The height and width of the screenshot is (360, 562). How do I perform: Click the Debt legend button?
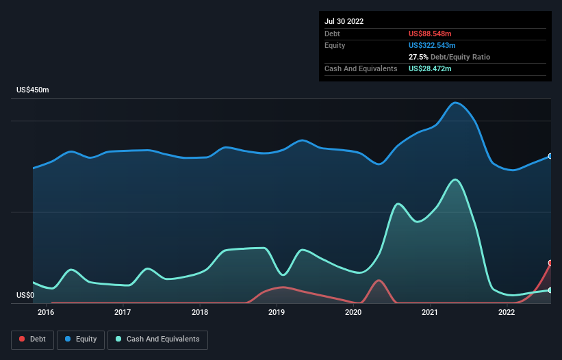[31, 339]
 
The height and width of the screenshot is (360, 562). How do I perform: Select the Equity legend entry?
[80, 339]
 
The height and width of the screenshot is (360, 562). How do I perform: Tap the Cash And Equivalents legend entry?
[157, 339]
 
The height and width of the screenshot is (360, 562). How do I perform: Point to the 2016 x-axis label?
[46, 313]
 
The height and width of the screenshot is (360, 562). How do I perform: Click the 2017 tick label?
[123, 313]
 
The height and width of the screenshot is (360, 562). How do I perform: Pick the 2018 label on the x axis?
[200, 313]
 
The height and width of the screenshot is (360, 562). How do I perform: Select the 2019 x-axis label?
[277, 313]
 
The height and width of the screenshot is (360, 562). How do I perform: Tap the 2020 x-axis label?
[353, 313]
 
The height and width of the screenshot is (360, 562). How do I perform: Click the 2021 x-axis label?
[430, 313]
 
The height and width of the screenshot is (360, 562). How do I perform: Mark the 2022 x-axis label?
[507, 313]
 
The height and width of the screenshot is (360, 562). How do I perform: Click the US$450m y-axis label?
[33, 90]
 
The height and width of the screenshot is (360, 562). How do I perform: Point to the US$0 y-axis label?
[25, 296]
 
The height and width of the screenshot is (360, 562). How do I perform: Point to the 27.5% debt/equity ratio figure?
[418, 57]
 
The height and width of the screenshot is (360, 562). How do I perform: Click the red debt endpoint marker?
[550, 263]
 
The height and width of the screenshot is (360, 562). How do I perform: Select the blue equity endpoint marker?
[550, 156]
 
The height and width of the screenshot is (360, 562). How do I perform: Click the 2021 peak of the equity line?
[455, 103]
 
